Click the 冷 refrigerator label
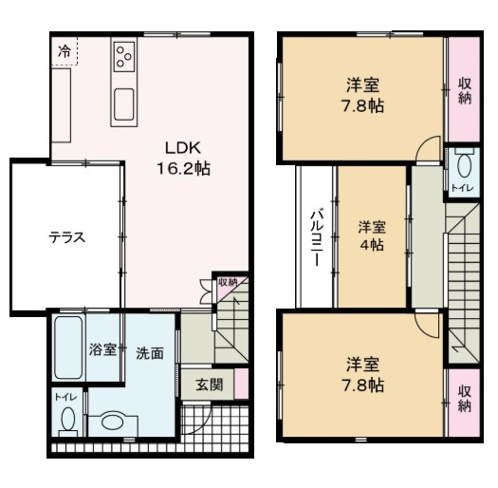point(63,50)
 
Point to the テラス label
point(67,238)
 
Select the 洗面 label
point(149,352)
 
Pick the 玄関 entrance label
point(210,385)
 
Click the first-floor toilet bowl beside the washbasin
point(67,420)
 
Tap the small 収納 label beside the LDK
point(227,282)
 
